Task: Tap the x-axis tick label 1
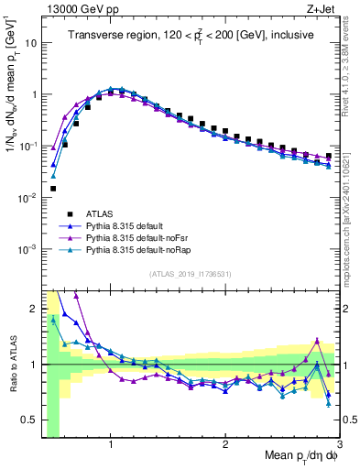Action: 111,444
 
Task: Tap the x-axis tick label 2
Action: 225,444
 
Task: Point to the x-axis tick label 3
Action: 338,444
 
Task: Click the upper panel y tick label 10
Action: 32,43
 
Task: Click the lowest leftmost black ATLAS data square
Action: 53,189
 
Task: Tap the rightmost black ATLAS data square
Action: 329,156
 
